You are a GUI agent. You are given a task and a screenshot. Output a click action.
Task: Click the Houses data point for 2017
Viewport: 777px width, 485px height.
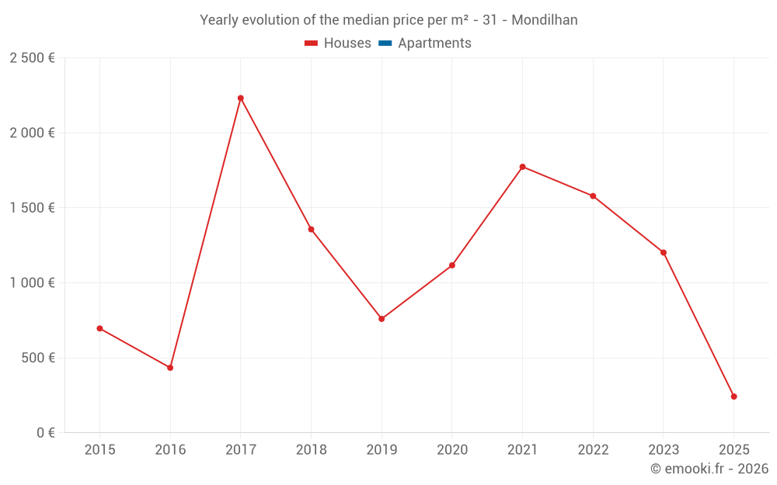(240, 98)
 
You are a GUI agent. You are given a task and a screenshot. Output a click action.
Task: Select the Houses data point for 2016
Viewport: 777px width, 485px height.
(170, 368)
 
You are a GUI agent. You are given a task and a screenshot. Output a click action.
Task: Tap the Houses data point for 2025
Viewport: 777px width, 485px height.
(733, 397)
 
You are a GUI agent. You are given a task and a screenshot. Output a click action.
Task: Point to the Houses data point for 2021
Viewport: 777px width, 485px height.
(522, 167)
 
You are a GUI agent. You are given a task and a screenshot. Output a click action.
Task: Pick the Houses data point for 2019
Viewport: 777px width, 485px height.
(382, 319)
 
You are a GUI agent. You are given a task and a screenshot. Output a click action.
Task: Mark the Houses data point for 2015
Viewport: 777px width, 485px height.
(99, 328)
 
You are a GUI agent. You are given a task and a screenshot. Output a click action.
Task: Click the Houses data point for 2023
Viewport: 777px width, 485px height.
(664, 252)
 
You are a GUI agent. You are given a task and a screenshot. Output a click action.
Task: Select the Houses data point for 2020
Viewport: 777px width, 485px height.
(452, 265)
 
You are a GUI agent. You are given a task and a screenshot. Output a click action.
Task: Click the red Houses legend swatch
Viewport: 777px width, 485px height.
(312, 43)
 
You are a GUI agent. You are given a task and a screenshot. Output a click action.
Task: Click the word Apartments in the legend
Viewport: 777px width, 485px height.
(434, 43)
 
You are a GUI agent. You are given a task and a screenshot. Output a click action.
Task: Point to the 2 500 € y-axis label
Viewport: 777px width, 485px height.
(32, 58)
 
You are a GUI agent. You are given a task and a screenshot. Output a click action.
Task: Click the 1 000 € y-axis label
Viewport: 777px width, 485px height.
(32, 283)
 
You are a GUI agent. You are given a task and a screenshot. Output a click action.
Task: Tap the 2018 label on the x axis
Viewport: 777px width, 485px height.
(311, 450)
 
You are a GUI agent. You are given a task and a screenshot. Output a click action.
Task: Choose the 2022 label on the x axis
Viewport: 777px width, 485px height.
(593, 450)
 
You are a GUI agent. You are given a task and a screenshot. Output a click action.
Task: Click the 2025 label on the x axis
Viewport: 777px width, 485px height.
(733, 450)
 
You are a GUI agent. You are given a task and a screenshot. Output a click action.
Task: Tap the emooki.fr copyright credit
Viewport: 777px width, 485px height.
(709, 469)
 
